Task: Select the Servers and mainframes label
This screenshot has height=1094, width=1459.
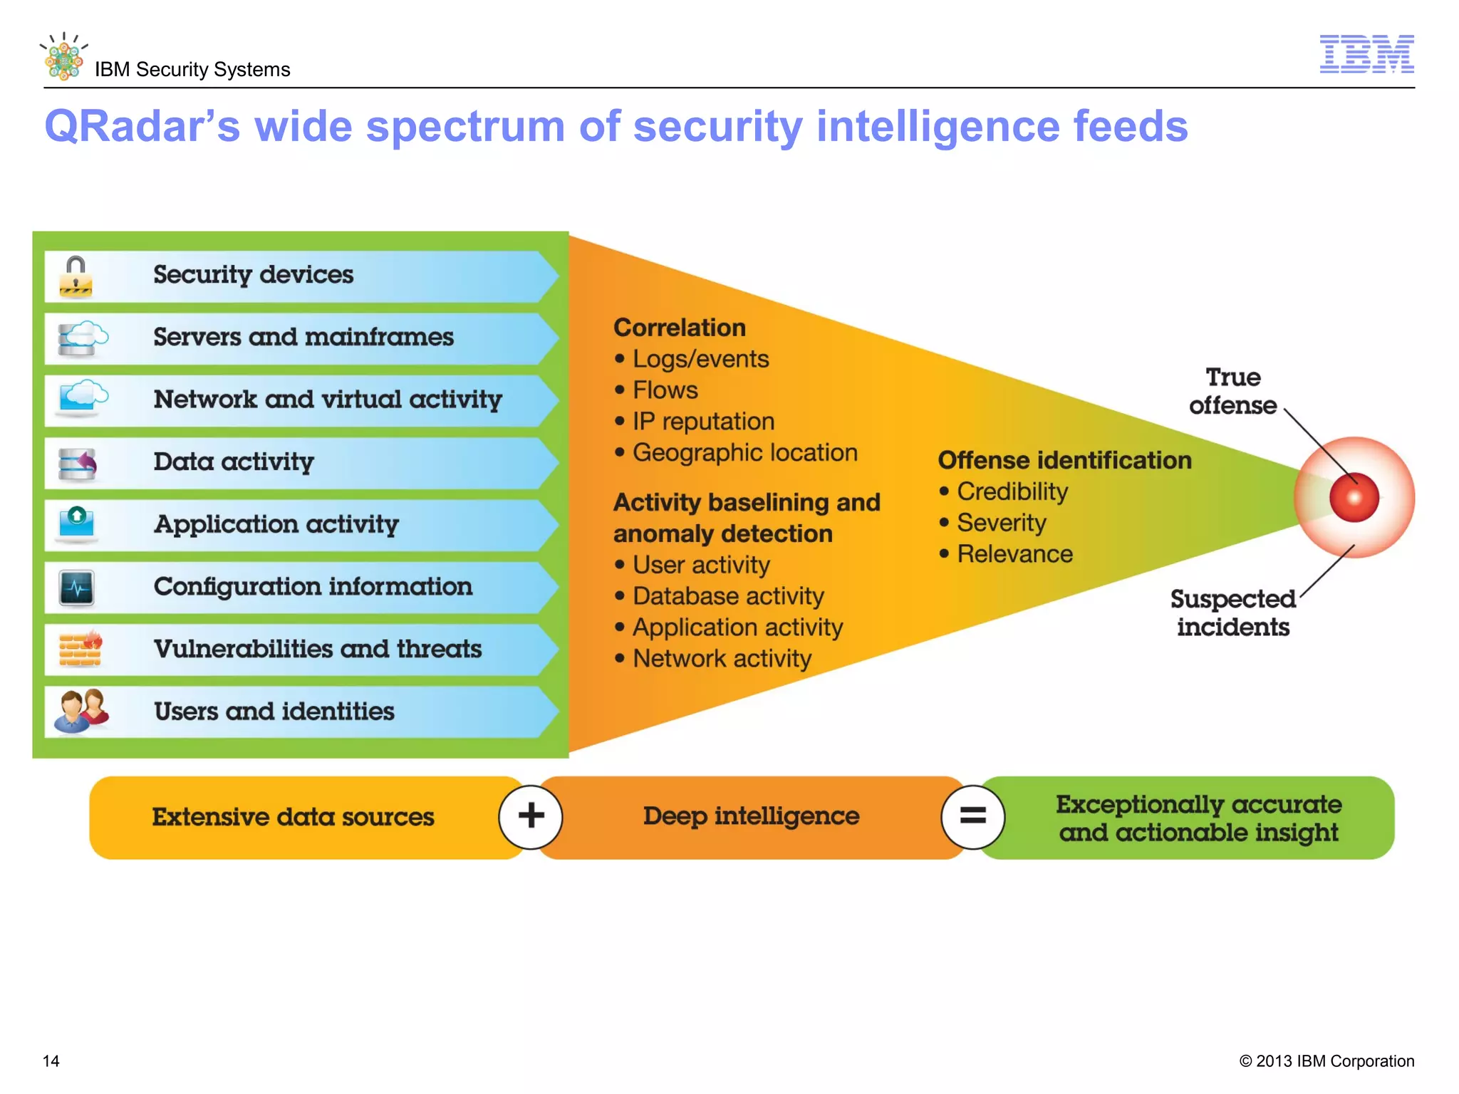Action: (x=303, y=337)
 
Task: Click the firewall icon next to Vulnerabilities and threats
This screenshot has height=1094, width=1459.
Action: (x=80, y=648)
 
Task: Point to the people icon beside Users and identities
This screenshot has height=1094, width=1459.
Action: (x=81, y=711)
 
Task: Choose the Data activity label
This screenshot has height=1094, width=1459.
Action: (x=234, y=462)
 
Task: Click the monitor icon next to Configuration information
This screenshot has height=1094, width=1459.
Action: (x=77, y=588)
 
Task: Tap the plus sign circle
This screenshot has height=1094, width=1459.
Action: (x=531, y=816)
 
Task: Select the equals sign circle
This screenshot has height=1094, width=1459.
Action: (x=972, y=816)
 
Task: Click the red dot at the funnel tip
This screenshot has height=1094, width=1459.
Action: (x=1354, y=497)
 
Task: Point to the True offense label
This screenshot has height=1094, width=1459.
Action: (x=1233, y=391)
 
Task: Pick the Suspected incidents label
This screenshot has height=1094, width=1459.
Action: (x=1233, y=613)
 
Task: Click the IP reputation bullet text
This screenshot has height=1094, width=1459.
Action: (x=703, y=422)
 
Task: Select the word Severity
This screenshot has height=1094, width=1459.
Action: (x=1002, y=523)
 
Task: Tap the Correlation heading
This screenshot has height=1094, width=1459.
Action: (x=680, y=328)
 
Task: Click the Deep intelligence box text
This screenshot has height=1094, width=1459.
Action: (x=751, y=816)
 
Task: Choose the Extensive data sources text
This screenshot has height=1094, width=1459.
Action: (x=293, y=817)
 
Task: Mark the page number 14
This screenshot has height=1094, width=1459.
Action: (x=51, y=1061)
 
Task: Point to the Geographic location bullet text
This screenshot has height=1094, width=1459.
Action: (x=745, y=453)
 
